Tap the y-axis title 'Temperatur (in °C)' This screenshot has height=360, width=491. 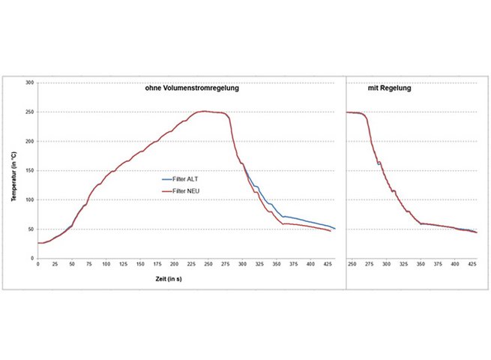[x=13, y=170]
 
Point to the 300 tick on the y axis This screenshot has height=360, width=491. [x=30, y=82]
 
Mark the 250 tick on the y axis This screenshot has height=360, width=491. [x=30, y=112]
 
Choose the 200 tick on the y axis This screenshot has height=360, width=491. [x=30, y=141]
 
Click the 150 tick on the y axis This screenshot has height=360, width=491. [x=30, y=170]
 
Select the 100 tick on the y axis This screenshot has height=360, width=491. [x=30, y=199]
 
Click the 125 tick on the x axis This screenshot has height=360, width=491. [x=106, y=265]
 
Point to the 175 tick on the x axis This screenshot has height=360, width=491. [x=140, y=265]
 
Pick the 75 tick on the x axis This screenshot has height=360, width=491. [x=72, y=265]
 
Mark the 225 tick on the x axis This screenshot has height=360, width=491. [x=174, y=265]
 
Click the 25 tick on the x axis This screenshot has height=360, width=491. [x=55, y=265]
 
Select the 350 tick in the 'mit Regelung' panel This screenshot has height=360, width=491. [x=421, y=265]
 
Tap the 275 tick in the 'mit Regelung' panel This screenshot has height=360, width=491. [x=370, y=265]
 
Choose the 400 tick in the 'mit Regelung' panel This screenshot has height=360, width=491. [x=455, y=265]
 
